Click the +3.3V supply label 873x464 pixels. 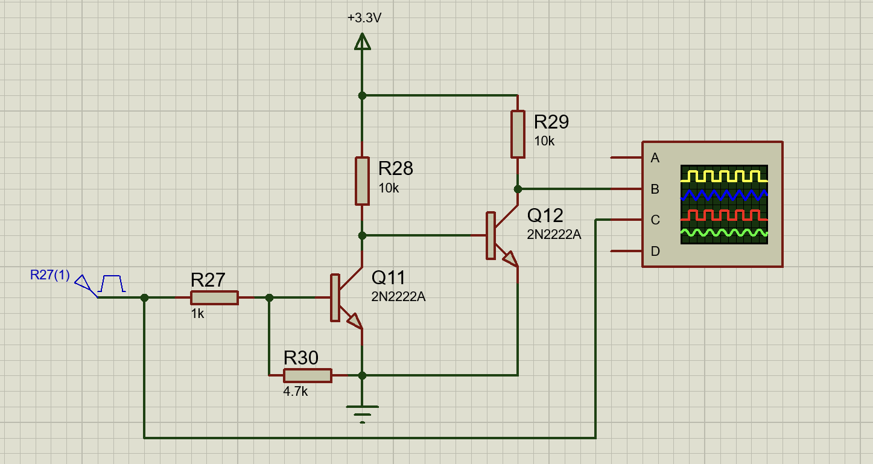[x=364, y=18]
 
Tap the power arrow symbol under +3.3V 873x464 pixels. [x=362, y=41]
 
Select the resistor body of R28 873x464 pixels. [x=362, y=181]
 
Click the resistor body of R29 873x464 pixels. [x=518, y=134]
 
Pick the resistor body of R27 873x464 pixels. [x=214, y=298]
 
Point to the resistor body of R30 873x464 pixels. [x=308, y=375]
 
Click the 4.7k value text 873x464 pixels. [x=296, y=392]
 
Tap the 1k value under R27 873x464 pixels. [x=198, y=314]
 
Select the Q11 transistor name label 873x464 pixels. [x=389, y=278]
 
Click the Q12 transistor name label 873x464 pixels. [x=545, y=215]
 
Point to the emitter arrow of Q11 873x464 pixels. [x=354, y=320]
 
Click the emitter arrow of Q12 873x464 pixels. [x=510, y=258]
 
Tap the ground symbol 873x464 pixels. [x=362, y=414]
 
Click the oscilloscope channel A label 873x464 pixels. [x=655, y=158]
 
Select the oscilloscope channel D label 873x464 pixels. [x=655, y=251]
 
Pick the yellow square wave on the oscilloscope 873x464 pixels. [x=724, y=176]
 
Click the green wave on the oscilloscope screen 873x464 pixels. [x=724, y=233]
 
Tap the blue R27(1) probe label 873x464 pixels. [x=50, y=275]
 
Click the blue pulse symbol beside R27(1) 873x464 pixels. [x=112, y=284]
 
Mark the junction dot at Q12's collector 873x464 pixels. [x=518, y=189]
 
